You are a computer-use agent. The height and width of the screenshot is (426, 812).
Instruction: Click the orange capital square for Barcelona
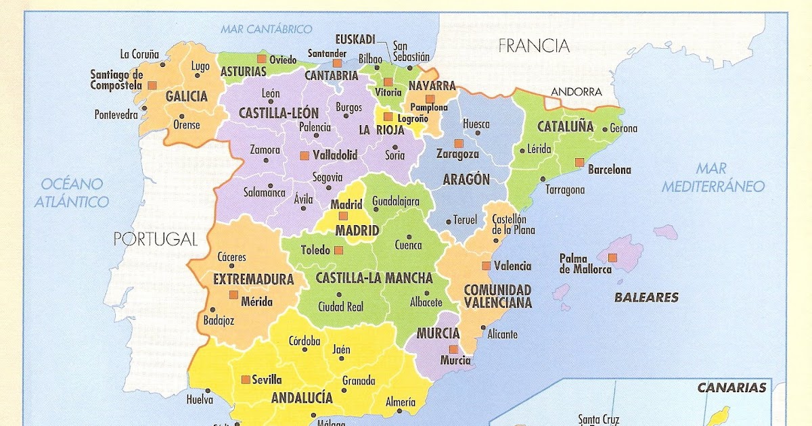pyautogui.click(x=579, y=162)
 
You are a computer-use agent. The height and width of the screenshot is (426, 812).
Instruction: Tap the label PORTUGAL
pyautogui.click(x=155, y=239)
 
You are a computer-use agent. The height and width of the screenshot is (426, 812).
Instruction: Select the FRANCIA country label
pyautogui.click(x=533, y=46)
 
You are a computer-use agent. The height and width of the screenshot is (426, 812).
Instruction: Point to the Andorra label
pyautogui.click(x=576, y=91)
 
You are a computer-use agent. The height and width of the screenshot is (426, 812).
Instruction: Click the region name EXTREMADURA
pyautogui.click(x=253, y=279)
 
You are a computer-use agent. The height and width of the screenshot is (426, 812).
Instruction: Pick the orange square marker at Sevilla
pyautogui.click(x=245, y=379)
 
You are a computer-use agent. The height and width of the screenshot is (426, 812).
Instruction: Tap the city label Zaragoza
pyautogui.click(x=457, y=154)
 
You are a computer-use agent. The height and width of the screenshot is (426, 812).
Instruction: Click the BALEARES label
pyautogui.click(x=646, y=297)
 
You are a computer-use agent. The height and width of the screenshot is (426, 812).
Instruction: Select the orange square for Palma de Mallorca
pyautogui.click(x=613, y=257)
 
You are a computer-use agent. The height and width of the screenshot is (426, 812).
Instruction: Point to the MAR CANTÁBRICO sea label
pyautogui.click(x=266, y=29)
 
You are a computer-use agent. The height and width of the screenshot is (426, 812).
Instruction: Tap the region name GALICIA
pyautogui.click(x=186, y=97)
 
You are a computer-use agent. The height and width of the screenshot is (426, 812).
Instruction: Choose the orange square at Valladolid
pyautogui.click(x=304, y=156)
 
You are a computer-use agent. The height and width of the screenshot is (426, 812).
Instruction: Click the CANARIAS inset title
pyautogui.click(x=731, y=387)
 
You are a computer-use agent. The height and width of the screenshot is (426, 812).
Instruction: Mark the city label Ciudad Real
pyautogui.click(x=340, y=306)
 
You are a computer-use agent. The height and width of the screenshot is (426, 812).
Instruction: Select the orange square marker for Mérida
pyautogui.click(x=233, y=295)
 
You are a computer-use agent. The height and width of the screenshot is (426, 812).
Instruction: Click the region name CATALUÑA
pyautogui.click(x=565, y=126)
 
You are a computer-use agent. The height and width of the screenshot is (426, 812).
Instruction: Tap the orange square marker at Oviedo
pyautogui.click(x=261, y=60)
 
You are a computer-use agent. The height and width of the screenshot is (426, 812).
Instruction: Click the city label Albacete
pyautogui.click(x=426, y=303)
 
